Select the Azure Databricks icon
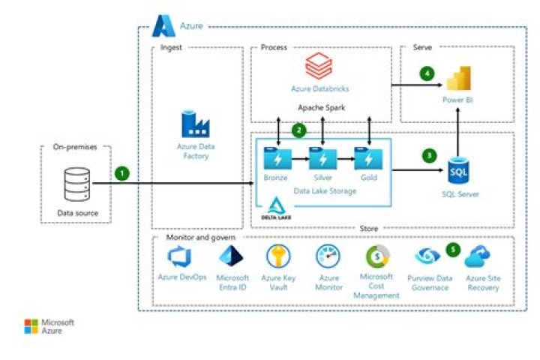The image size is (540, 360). tap(320, 67)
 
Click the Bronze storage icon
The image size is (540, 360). tap(275, 158)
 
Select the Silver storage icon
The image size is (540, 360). tap(322, 158)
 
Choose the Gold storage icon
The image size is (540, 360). tap(367, 158)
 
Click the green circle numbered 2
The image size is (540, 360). tap(298, 130)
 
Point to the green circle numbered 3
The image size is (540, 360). tap(429, 156)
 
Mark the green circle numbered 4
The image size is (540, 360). tap(427, 74)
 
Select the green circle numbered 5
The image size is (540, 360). tap(452, 248)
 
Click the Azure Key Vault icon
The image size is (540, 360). tap(279, 257)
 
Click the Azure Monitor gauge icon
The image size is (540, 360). tap(329, 257)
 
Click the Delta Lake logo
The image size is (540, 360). tap(274, 209)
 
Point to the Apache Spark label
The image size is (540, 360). tap(321, 107)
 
